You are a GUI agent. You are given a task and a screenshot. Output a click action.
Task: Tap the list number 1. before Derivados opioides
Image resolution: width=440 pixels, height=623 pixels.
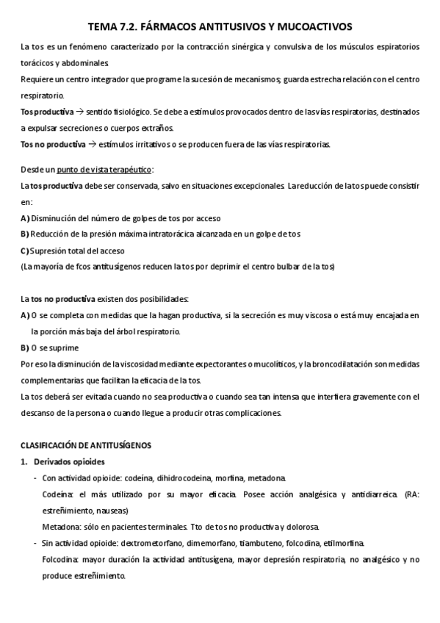click(24, 461)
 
